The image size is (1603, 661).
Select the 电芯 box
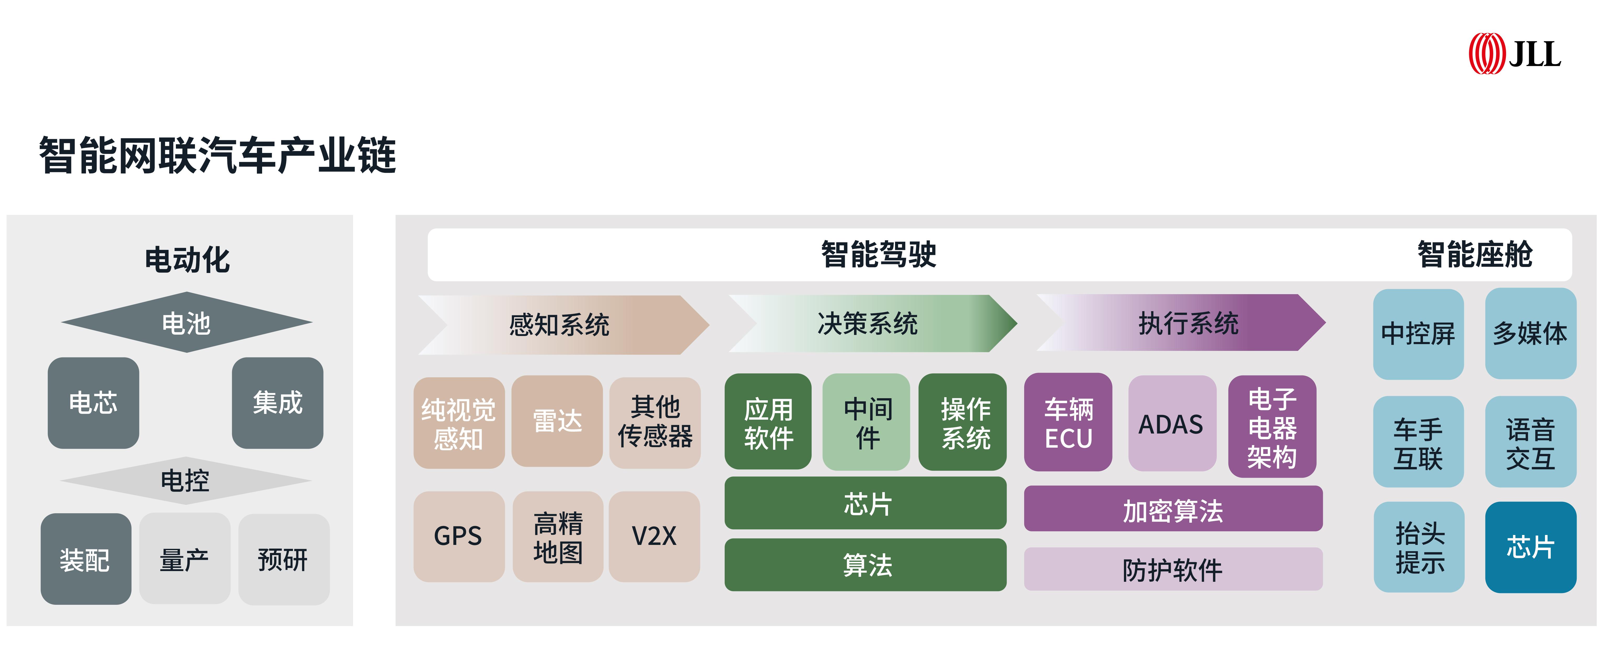pos(93,403)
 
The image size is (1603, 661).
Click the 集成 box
pos(278,403)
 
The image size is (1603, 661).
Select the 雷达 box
pos(557,421)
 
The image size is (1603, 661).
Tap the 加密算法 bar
pos(1173,509)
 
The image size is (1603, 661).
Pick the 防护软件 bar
pos(1173,569)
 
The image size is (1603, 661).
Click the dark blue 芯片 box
pos(1530,547)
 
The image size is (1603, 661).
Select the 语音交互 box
pos(1530,442)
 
